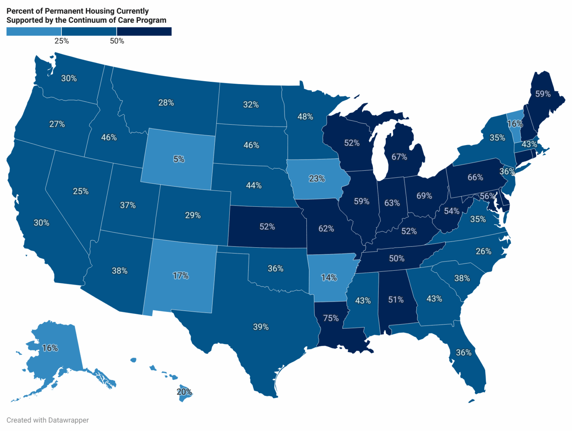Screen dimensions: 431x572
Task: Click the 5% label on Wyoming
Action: tap(179, 159)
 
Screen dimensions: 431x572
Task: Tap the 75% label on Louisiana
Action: tap(331, 318)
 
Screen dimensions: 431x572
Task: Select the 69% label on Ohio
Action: tap(424, 196)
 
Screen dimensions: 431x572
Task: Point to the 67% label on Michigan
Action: tap(399, 157)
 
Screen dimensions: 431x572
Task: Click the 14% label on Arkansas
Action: tap(329, 277)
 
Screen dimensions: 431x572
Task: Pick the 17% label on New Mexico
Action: tap(181, 276)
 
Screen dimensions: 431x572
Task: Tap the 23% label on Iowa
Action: tap(317, 178)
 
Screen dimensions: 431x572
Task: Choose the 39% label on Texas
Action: tap(261, 327)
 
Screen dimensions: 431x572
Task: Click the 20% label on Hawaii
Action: tap(184, 392)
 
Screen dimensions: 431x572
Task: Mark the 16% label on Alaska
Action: tap(50, 348)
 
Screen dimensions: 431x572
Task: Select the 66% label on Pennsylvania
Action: tap(475, 177)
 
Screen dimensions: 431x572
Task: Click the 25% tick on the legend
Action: tap(62, 41)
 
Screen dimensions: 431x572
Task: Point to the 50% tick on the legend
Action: tap(117, 41)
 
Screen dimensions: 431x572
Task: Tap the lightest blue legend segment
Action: tap(34, 32)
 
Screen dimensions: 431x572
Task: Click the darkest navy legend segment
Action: tap(144, 32)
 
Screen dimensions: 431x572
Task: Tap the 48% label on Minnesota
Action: tap(305, 117)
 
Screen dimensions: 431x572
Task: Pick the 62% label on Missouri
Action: tap(326, 229)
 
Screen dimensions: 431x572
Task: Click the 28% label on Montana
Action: tap(166, 103)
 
